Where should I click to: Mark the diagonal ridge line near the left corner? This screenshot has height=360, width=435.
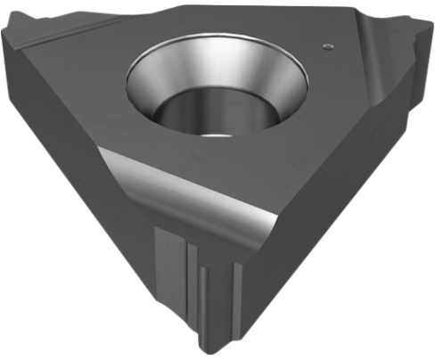point(53,45)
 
